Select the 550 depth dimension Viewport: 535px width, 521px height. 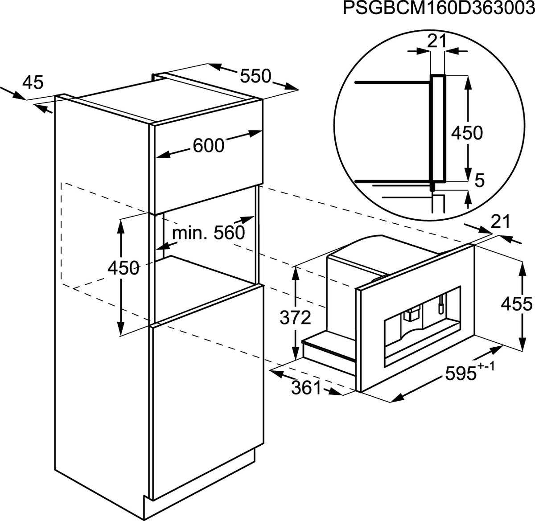[x=255, y=76]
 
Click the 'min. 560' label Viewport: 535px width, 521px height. [x=209, y=233]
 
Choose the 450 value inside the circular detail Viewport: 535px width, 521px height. [x=467, y=132]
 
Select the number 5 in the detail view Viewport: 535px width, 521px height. [x=479, y=180]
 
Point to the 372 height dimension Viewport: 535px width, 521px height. [x=295, y=317]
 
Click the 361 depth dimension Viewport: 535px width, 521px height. [x=306, y=388]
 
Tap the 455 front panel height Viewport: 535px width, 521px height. [x=517, y=304]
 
